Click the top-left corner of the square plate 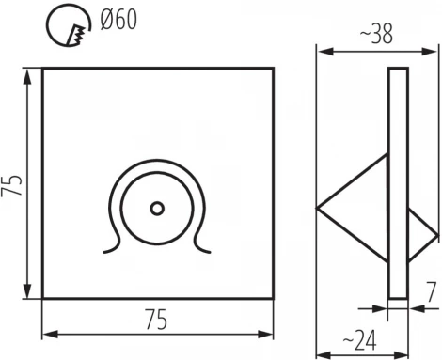44,69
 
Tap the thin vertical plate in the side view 398,183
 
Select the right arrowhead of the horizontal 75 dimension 270,334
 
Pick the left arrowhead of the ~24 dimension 321,352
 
